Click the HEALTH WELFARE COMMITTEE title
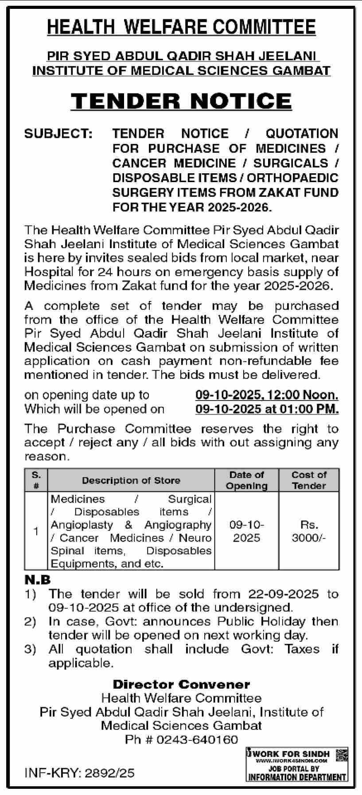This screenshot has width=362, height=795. (181, 27)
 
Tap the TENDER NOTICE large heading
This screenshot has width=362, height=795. (181, 101)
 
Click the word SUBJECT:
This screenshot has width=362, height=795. (58, 133)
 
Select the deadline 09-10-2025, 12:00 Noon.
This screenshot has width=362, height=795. (267, 395)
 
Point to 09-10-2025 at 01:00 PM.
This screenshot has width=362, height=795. (267, 409)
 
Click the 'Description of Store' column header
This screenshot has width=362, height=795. (131, 480)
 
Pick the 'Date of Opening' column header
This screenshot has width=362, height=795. (247, 480)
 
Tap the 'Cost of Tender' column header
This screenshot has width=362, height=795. (309, 480)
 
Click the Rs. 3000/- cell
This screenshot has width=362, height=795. (309, 531)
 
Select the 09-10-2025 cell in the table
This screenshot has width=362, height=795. (247, 531)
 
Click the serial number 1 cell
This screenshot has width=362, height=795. (36, 531)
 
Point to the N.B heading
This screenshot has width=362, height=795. (37, 580)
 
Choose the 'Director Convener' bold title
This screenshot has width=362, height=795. (181, 685)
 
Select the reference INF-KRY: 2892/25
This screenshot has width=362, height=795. (79, 773)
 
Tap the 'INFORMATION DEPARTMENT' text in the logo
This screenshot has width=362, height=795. (297, 777)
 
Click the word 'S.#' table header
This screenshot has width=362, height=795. (36, 480)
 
